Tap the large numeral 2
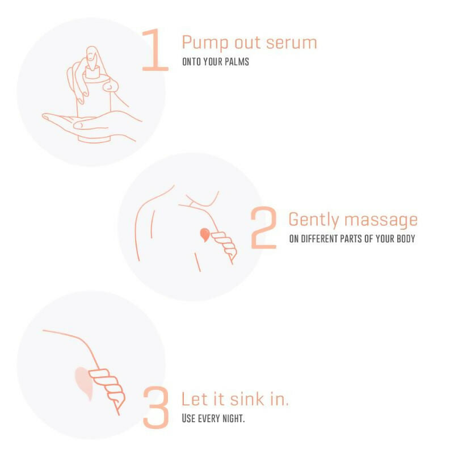264,228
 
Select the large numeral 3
155,407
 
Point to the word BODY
405,238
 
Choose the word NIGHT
233,419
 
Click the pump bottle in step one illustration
94,102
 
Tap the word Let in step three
191,399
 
